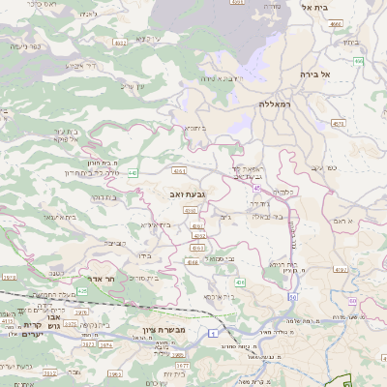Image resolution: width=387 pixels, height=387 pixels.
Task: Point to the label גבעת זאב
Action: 186,195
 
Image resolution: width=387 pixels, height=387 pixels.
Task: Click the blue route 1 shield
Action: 211,333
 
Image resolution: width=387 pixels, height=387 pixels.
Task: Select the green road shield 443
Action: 133,173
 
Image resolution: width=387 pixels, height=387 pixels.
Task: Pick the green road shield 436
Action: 239,282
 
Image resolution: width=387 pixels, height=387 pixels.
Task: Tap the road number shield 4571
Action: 337,124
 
